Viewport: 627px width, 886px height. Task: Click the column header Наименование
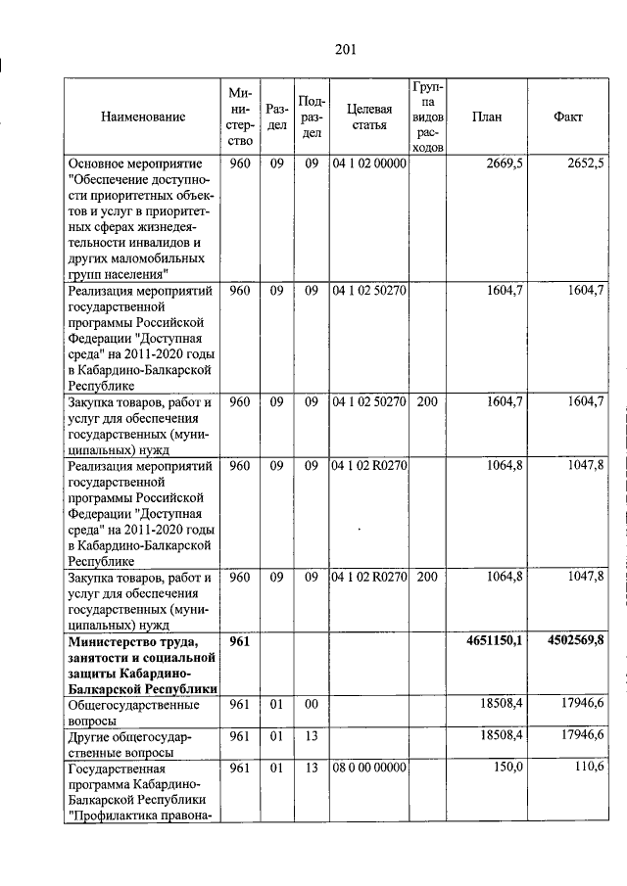[142, 117]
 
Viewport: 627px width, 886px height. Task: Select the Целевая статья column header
[368, 117]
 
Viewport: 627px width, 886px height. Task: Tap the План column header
[486, 117]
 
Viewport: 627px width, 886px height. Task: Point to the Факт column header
[568, 117]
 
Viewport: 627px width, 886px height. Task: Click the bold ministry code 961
[240, 641]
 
